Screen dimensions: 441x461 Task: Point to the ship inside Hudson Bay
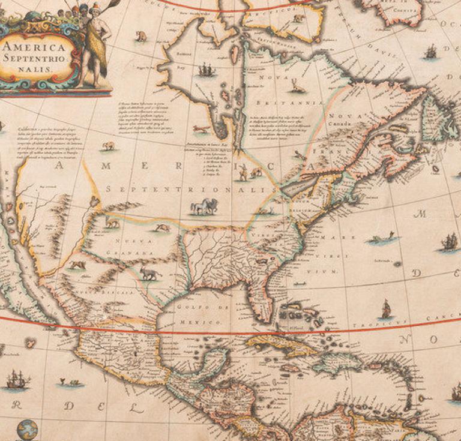tap(206, 70)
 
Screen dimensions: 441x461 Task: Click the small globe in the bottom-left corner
tap(27, 429)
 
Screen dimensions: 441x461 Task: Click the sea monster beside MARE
tap(383, 239)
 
